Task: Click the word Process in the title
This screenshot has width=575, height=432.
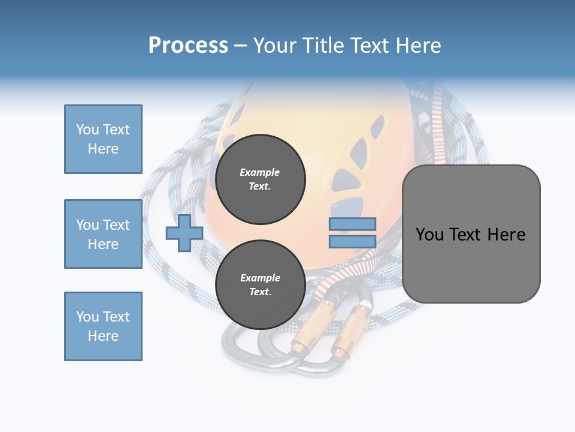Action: tap(188, 46)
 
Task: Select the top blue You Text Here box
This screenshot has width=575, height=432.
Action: tap(103, 139)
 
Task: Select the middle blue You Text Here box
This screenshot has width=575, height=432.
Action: tap(103, 234)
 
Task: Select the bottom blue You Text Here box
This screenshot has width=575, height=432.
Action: tap(103, 326)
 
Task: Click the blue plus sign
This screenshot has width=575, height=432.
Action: tap(184, 233)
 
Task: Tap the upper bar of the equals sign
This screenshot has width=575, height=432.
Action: tap(353, 224)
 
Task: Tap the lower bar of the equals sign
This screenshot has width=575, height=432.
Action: tap(353, 242)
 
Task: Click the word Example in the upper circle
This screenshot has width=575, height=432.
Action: tap(260, 172)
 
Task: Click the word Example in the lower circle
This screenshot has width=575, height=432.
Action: tap(260, 278)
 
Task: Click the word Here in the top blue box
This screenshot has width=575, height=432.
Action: tap(103, 149)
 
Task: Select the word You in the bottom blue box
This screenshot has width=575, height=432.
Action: tap(87, 317)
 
